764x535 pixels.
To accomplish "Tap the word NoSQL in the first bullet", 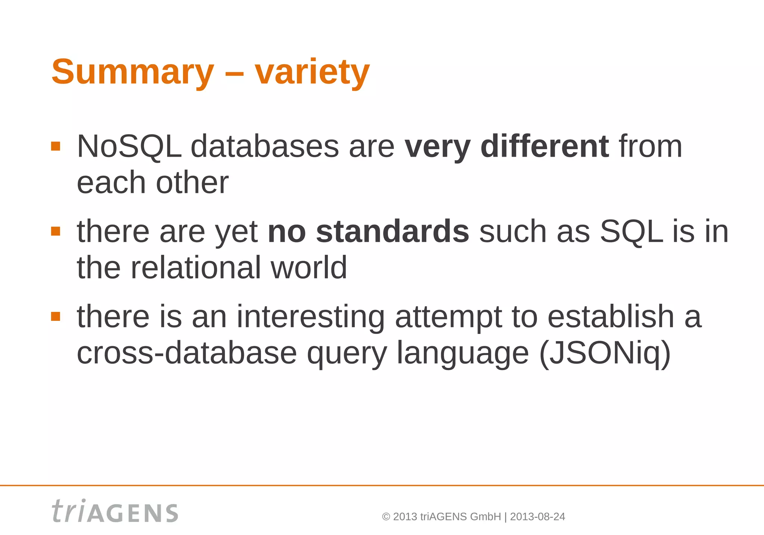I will pos(129,146).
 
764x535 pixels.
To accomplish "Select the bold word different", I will pos(545,146).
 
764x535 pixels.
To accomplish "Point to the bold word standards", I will pos(392,231).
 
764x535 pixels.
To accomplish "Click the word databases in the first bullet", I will pos(265,146).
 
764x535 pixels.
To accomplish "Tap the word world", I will pos(309,267).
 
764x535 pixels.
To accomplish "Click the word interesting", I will pos(310,316).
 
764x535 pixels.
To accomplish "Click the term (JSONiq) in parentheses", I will pos(605,353).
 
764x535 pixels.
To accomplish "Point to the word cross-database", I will pos(187,353).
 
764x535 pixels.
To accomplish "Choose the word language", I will pos(463,354).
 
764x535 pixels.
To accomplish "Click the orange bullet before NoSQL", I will pos(56,146).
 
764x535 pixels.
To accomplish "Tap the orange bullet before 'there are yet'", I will pos(56,231).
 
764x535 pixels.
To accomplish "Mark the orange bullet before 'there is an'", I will pos(56,316).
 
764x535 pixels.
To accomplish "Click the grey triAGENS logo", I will pos(115,511).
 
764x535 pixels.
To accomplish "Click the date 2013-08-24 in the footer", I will pos(537,517).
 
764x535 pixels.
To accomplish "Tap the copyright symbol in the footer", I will pos(386,517).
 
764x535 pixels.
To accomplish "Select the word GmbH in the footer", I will pos(485,517).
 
